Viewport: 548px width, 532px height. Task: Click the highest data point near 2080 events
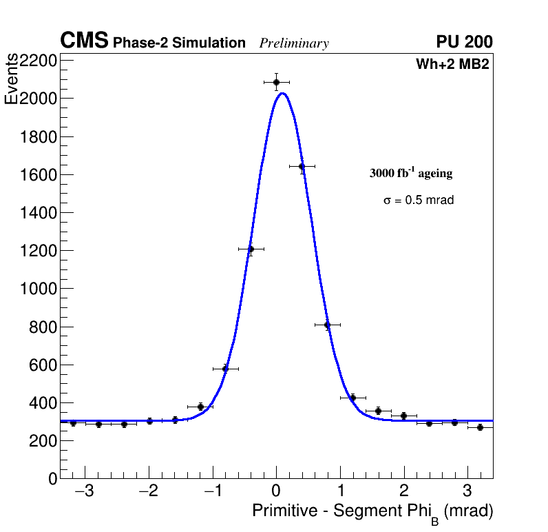[276, 82]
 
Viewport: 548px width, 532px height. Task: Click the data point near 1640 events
[302, 166]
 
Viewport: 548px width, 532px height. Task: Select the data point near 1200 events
[251, 249]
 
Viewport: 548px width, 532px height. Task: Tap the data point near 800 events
[327, 325]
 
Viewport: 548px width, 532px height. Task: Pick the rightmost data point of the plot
[480, 427]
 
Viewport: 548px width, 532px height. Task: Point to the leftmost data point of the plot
[73, 423]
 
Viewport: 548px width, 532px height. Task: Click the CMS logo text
[84, 41]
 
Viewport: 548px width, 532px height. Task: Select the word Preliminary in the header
[294, 43]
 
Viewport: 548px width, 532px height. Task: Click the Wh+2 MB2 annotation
[452, 65]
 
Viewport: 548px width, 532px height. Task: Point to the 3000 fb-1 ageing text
[411, 173]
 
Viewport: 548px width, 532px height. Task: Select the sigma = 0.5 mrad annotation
[419, 201]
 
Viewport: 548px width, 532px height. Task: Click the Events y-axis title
[12, 79]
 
